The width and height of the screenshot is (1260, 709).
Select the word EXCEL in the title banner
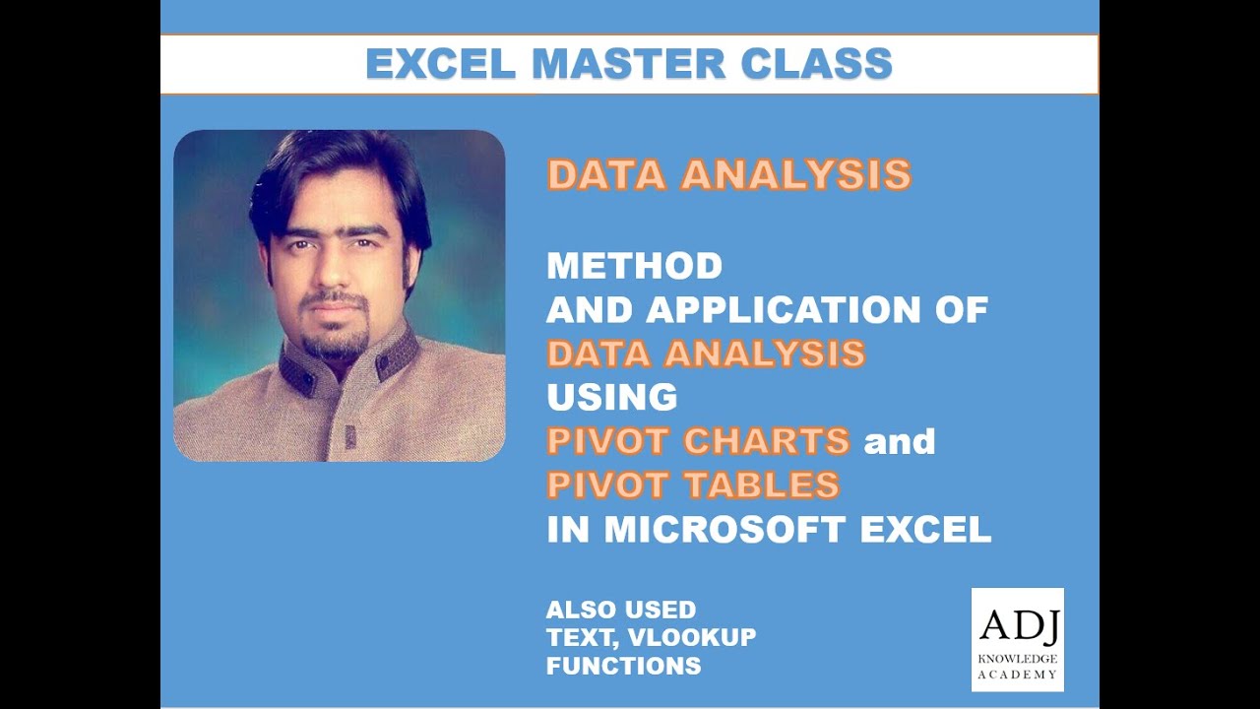[440, 64]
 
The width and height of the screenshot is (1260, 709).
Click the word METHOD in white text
[634, 266]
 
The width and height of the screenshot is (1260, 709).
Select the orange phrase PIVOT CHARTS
[698, 441]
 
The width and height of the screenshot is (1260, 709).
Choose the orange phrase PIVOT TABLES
[693, 485]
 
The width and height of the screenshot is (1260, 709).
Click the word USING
[611, 398]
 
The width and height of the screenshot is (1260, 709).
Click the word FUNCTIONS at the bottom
[623, 666]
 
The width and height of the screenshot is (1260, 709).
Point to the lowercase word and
[899, 442]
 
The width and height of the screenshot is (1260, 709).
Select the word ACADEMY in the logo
[1018, 675]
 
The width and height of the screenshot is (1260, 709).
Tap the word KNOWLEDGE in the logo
[1018, 658]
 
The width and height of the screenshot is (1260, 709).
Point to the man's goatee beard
[335, 340]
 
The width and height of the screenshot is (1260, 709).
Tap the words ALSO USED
[620, 610]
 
